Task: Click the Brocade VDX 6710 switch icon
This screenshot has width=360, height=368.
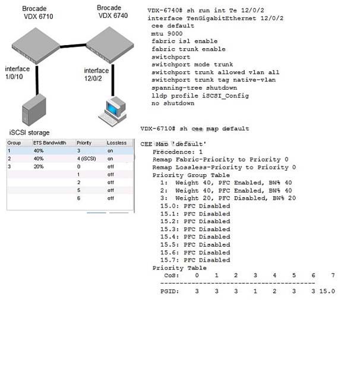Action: (x=36, y=46)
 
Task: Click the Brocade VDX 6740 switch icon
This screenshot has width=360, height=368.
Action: (x=110, y=45)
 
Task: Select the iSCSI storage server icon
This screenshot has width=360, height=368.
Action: (x=34, y=109)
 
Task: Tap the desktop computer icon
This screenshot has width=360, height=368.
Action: (x=113, y=111)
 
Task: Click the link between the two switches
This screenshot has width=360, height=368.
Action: (x=73, y=46)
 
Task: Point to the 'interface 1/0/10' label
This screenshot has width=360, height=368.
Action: (x=17, y=73)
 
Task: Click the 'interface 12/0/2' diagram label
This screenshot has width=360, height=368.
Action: (x=96, y=74)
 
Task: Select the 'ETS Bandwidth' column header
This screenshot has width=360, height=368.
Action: (x=49, y=143)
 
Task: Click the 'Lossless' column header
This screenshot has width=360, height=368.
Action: (x=116, y=143)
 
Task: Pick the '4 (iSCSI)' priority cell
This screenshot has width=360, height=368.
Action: (x=87, y=159)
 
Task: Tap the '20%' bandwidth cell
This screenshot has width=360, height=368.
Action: (x=39, y=166)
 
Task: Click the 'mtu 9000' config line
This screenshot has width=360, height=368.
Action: (x=167, y=33)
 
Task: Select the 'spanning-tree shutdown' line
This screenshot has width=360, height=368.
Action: (x=194, y=88)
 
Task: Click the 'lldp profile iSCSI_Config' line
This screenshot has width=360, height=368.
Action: (x=200, y=96)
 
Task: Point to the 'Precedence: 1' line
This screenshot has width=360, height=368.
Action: (x=178, y=152)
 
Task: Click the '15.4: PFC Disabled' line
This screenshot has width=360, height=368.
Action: (x=195, y=237)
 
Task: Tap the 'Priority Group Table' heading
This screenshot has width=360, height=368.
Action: (x=191, y=175)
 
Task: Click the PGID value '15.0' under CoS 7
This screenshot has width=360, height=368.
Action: (x=327, y=291)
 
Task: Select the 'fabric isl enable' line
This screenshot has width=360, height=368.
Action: (x=185, y=41)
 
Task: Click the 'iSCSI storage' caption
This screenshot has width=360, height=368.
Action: (x=29, y=133)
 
